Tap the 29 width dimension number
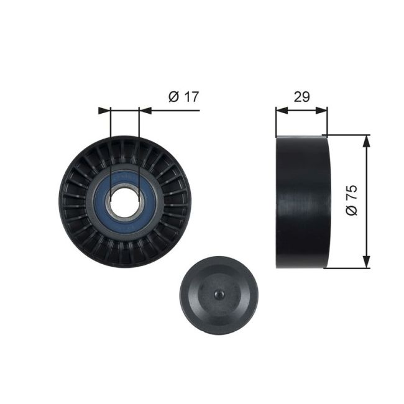pos(301,96)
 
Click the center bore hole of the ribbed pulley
pos(124,200)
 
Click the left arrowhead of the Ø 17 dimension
pos(104,111)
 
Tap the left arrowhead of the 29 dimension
pos(281,111)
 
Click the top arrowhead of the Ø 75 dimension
pos(367,139)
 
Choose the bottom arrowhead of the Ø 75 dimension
pos(367,263)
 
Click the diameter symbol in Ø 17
pos(172,97)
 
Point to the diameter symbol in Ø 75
pos(352,209)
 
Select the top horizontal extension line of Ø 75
pos(348,134)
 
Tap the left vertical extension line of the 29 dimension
pos(276,121)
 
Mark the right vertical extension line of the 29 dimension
pos(327,121)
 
